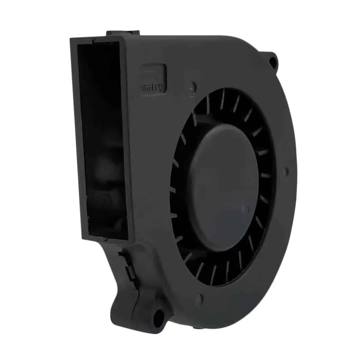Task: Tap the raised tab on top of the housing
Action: [x=123, y=33]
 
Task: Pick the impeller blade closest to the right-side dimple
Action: [x=266, y=175]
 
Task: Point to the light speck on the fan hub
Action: [x=247, y=210]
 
